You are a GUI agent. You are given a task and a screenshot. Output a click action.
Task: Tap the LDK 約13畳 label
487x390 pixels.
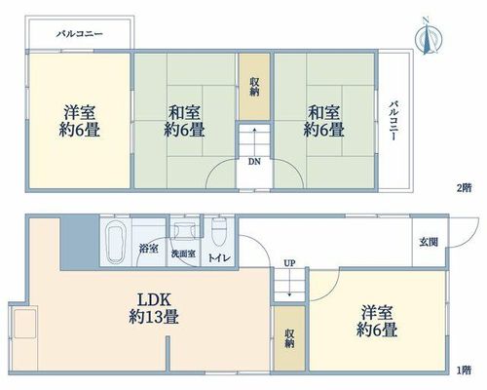(x=154, y=308)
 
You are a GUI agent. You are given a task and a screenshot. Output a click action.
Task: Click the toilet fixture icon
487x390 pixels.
(x=219, y=232)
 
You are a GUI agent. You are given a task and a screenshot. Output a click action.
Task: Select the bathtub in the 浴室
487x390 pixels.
(x=116, y=242)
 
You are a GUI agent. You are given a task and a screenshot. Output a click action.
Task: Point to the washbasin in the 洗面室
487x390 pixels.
(x=184, y=231)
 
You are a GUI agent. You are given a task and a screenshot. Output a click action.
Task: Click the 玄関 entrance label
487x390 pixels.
(x=429, y=242)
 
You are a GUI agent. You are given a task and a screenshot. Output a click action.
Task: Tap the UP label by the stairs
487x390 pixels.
(x=289, y=263)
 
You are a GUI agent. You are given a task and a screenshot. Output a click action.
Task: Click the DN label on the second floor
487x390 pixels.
(x=254, y=162)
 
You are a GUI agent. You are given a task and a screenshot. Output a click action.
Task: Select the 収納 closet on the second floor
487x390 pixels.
(x=254, y=87)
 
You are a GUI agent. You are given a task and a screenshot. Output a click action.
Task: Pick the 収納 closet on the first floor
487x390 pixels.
(x=289, y=338)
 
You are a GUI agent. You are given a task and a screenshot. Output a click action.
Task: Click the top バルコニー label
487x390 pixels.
(x=80, y=34)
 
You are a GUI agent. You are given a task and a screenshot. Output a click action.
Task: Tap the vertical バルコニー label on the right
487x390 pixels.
(x=394, y=121)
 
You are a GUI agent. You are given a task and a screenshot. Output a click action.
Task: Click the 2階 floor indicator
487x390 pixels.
(x=464, y=188)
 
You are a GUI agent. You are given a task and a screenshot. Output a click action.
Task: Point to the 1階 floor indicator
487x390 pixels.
(x=464, y=370)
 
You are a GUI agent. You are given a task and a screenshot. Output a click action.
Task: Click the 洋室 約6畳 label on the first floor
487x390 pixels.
(x=377, y=322)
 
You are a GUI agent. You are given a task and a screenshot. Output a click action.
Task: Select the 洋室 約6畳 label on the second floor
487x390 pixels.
(x=79, y=121)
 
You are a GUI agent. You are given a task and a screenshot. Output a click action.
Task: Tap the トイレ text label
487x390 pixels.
(x=219, y=258)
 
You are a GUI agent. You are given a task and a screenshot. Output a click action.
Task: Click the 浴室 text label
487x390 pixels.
(x=149, y=250)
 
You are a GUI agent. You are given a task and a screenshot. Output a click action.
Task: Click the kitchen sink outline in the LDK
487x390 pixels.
(x=25, y=324)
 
